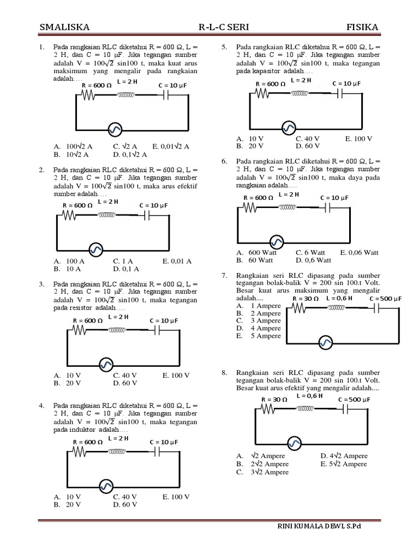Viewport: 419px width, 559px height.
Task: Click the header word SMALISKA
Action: [65, 28]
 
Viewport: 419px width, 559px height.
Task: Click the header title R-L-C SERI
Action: [220, 28]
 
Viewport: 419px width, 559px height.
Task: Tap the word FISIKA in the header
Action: [362, 28]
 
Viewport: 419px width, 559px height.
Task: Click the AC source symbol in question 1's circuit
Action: [115, 129]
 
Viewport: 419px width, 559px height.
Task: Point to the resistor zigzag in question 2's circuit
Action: [69, 216]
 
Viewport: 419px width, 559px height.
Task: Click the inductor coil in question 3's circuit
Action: [117, 330]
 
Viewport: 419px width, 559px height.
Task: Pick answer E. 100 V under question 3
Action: [176, 376]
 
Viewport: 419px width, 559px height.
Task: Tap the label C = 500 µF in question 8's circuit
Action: [354, 400]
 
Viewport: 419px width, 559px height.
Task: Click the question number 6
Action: [224, 162]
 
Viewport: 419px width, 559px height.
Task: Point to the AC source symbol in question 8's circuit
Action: [295, 443]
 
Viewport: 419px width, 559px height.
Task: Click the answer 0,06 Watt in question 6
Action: [359, 253]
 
